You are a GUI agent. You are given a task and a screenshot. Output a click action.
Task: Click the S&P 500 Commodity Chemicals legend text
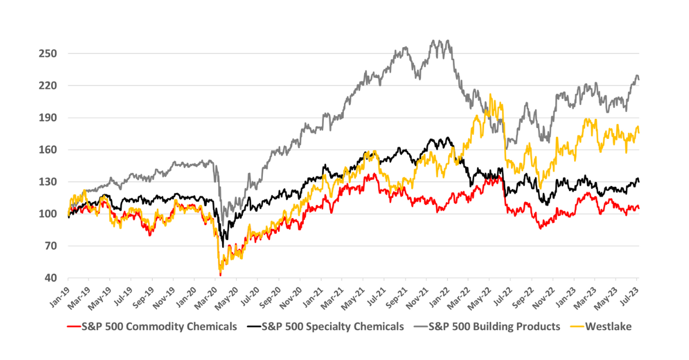[160, 327]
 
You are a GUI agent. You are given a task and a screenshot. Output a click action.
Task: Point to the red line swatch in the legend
[73, 327]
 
